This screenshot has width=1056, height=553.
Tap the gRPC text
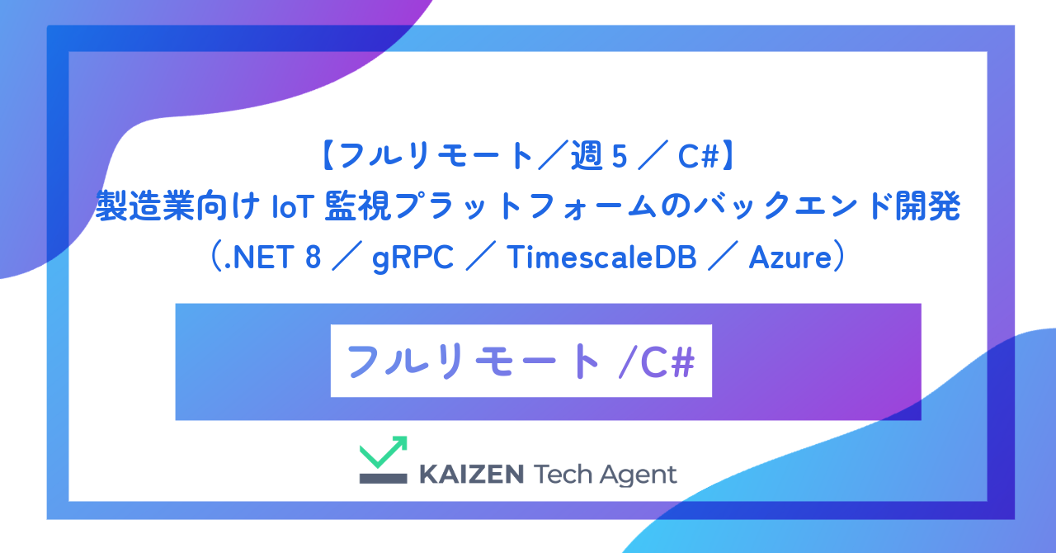coord(412,258)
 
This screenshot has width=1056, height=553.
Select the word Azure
coord(789,258)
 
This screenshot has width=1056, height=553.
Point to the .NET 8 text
coord(268,258)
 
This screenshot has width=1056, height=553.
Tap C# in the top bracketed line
coord(700,155)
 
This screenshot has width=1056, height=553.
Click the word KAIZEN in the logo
coord(471,475)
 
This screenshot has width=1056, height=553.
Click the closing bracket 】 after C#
coord(729,155)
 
